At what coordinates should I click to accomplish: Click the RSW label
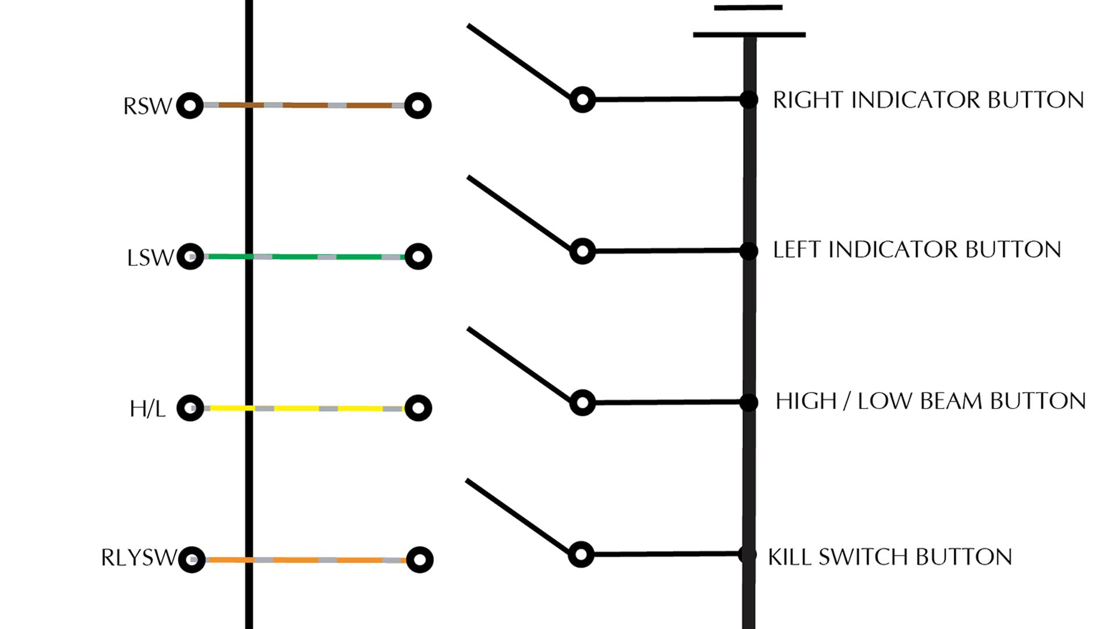click(147, 106)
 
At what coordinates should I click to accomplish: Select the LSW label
click(150, 257)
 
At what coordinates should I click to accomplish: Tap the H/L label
click(147, 409)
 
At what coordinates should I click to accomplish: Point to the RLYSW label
click(138, 558)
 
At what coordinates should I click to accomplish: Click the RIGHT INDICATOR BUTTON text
click(928, 100)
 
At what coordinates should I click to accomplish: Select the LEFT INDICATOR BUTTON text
click(917, 250)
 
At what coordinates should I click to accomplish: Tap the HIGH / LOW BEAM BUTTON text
click(931, 401)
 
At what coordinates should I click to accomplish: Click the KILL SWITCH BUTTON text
click(890, 557)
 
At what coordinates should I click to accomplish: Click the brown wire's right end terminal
click(418, 105)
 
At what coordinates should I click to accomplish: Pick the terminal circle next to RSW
click(190, 105)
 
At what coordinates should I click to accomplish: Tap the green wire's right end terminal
click(418, 257)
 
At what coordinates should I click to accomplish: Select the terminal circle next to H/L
click(190, 408)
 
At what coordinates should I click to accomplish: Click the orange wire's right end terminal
click(419, 560)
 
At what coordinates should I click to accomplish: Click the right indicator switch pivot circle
click(582, 100)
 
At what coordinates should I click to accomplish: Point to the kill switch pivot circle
click(581, 554)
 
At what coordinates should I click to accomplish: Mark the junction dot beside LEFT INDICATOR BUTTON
click(749, 251)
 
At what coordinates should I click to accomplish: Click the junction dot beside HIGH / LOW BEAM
click(749, 402)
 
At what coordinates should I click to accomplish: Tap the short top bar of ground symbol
click(748, 8)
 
